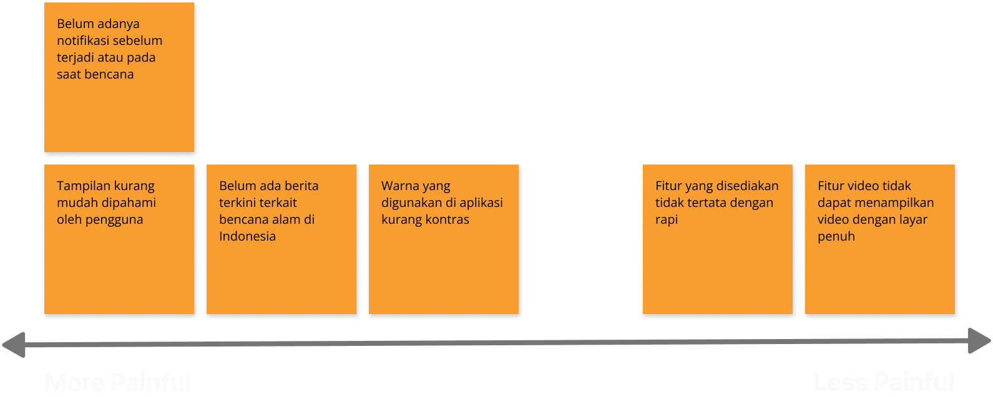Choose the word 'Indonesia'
(x=247, y=236)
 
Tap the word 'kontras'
(x=447, y=219)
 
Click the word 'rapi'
(x=666, y=220)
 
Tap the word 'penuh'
(x=836, y=236)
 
